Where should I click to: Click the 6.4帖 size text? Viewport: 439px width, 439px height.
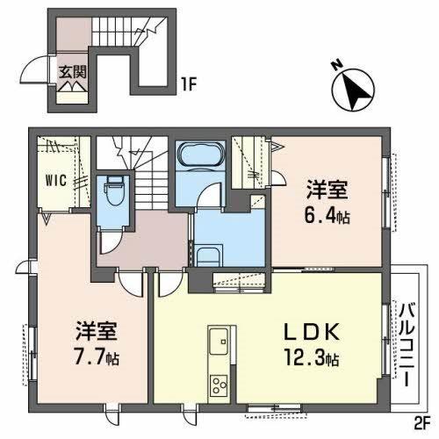329,215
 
